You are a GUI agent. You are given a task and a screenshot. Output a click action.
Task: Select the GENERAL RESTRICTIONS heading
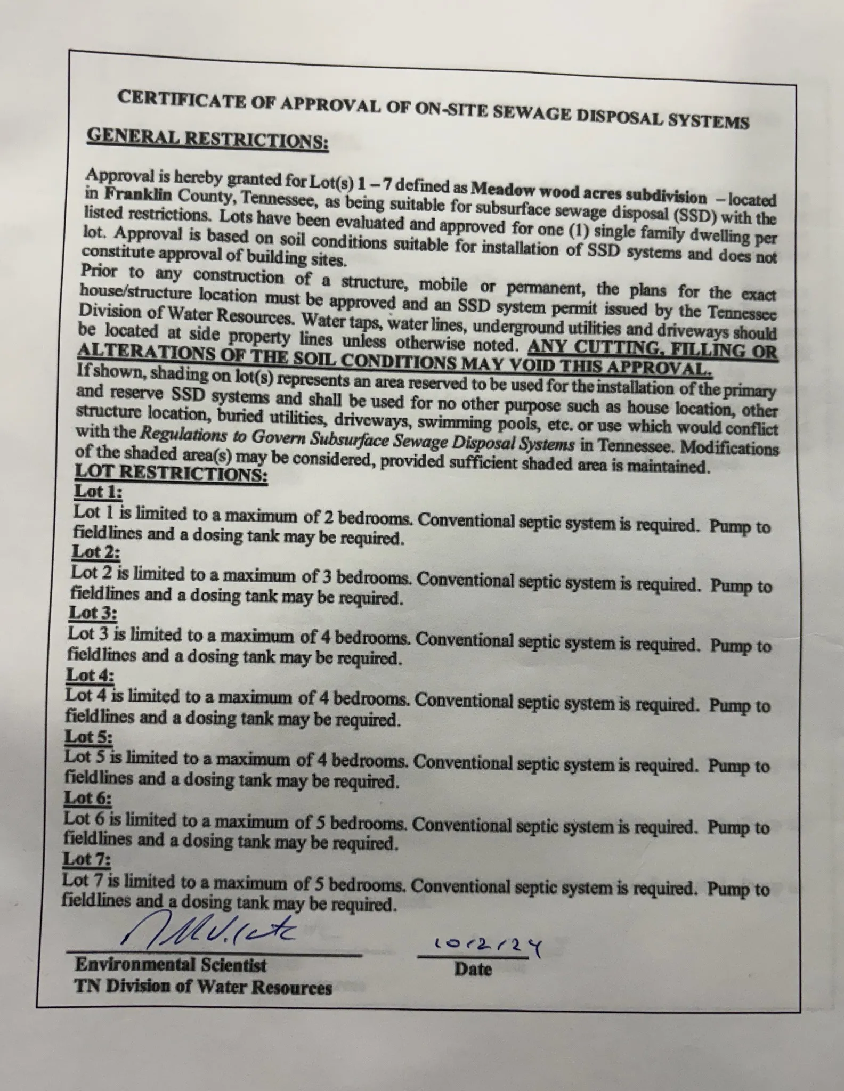click(207, 140)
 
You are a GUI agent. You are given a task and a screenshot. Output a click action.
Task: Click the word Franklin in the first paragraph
click(129, 195)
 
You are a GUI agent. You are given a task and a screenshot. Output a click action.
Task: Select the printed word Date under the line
click(473, 968)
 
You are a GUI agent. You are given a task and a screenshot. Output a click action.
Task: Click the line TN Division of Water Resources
click(203, 987)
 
